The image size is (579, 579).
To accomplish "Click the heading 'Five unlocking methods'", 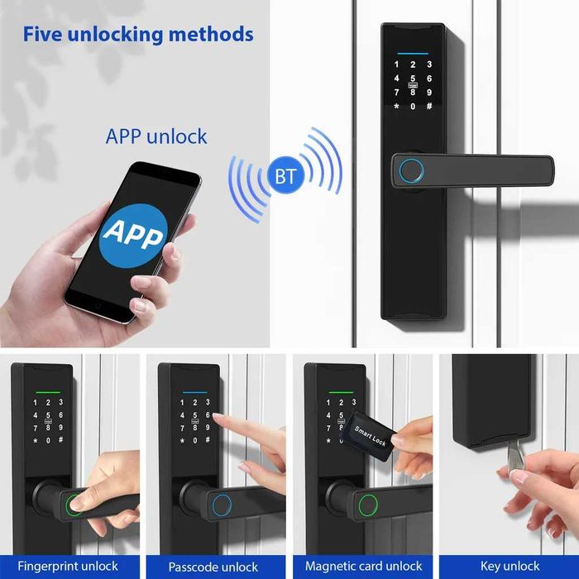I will [x=137, y=35].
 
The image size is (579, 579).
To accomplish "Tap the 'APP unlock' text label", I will [x=156, y=136].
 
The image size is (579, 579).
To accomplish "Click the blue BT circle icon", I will [x=285, y=175].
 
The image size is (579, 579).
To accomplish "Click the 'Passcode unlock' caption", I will [x=213, y=567].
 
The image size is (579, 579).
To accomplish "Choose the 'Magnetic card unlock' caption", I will [x=363, y=567].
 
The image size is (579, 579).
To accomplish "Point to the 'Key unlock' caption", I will [x=510, y=567].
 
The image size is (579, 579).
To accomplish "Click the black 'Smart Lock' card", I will [x=370, y=430].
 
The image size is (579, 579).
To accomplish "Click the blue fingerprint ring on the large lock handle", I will [x=411, y=171].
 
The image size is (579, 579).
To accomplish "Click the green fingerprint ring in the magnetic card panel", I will [x=369, y=504].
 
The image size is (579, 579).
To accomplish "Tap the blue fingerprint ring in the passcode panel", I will [x=222, y=504].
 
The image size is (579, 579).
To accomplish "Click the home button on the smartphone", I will [x=98, y=305].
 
